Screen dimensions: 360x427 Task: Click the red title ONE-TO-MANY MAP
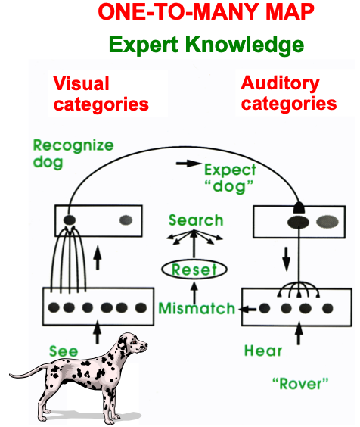coord(206,11)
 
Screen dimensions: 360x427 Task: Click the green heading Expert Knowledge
coord(206,45)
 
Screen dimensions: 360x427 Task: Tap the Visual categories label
coord(101,94)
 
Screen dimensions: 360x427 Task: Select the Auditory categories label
coord(289,93)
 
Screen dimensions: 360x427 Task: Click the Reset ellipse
coord(194,270)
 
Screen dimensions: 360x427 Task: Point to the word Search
coord(196,220)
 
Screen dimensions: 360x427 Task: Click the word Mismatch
coord(197,309)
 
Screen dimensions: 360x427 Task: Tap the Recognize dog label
coord(73,154)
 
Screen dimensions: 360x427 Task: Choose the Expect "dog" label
coord(230,179)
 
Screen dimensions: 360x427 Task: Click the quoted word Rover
coord(300,384)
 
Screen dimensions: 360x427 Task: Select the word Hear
coord(263,351)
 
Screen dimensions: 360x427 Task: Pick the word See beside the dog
coord(64,351)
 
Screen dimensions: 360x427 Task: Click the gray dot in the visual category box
coord(126,220)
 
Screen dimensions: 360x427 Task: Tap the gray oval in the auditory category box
coord(327,222)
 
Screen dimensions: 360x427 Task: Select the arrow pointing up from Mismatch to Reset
coord(194,293)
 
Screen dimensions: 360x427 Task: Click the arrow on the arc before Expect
coord(188,164)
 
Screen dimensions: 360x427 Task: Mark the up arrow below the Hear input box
coord(299,333)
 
